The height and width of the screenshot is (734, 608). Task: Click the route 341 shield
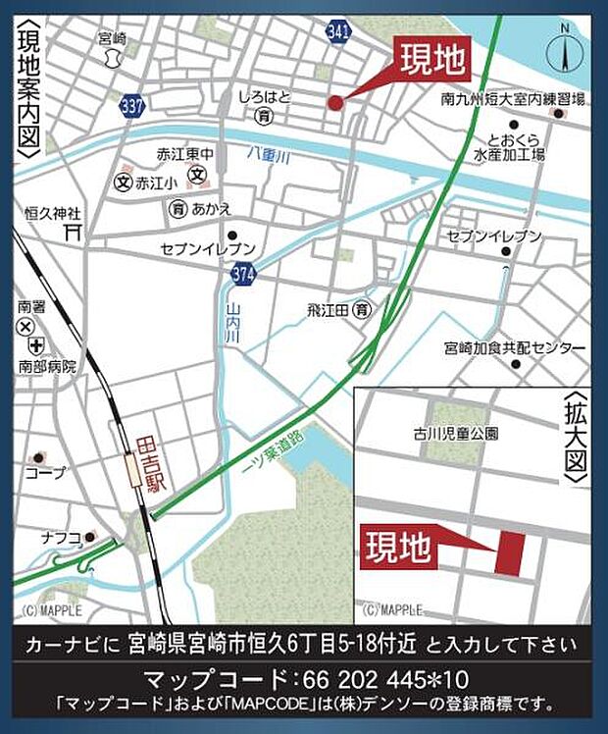tap(338, 31)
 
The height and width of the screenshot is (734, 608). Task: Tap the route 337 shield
tap(129, 104)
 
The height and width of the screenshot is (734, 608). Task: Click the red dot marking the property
tap(334, 102)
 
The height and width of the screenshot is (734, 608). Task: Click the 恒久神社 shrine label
tap(53, 213)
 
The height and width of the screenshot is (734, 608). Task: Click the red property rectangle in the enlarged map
tap(510, 553)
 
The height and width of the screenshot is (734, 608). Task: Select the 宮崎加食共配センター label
tap(514, 348)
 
